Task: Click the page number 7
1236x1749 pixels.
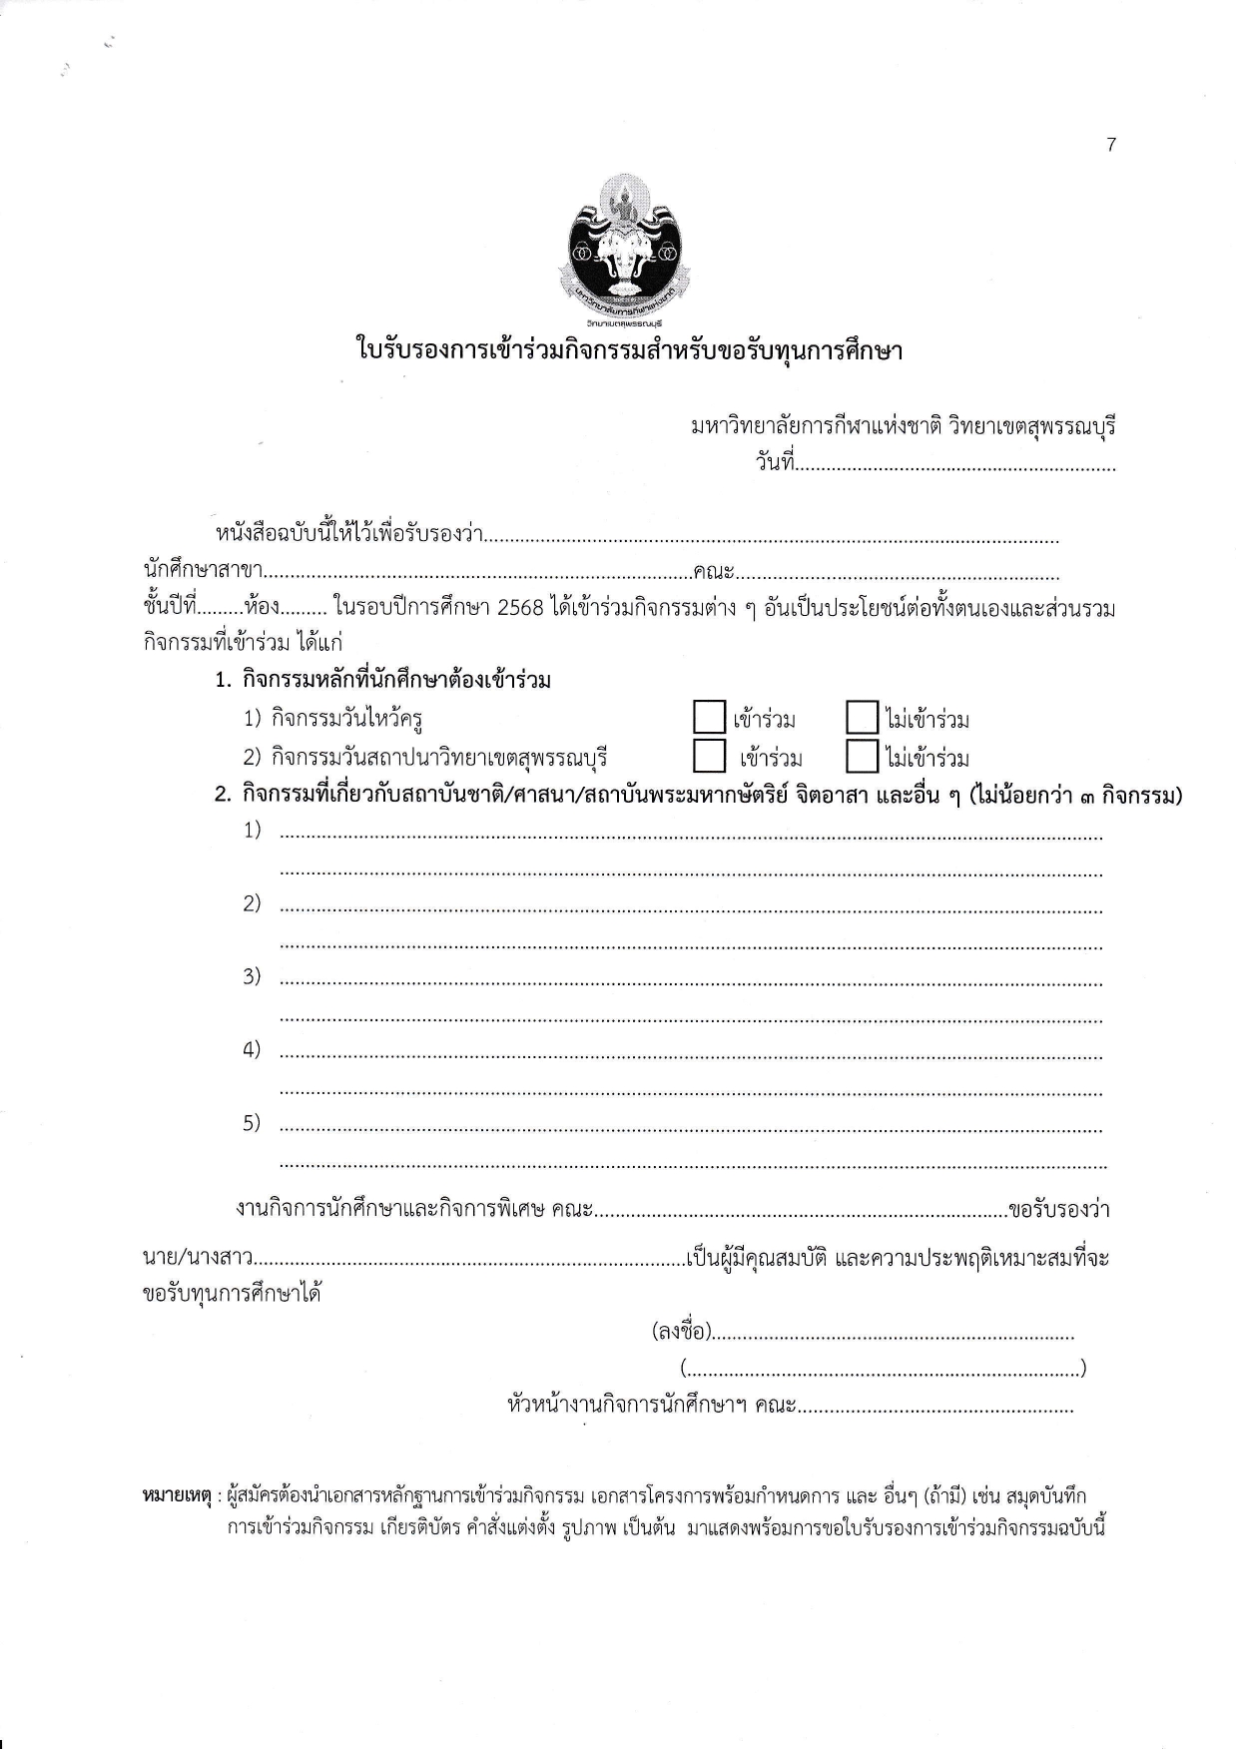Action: [1111, 145]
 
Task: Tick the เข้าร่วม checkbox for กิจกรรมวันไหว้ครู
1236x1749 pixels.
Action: [708, 718]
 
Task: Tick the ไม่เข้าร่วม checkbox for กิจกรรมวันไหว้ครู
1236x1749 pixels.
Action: [861, 718]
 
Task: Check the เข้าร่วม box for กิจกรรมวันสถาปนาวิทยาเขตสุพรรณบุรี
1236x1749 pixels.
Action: [708, 756]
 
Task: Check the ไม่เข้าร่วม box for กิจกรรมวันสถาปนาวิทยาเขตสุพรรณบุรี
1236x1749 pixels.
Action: [861, 756]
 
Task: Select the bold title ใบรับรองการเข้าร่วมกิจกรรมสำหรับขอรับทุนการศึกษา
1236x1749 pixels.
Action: [629, 351]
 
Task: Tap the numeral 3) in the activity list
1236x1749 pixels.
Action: [252, 976]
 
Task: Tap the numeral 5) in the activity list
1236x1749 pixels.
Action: [252, 1123]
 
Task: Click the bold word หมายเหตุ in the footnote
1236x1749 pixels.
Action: [177, 1496]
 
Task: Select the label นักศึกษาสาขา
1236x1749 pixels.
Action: [203, 573]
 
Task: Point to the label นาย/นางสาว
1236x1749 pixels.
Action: [197, 1258]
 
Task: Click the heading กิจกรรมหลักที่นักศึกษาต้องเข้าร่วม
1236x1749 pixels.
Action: [396, 681]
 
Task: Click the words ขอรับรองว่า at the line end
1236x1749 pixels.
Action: [1059, 1210]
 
